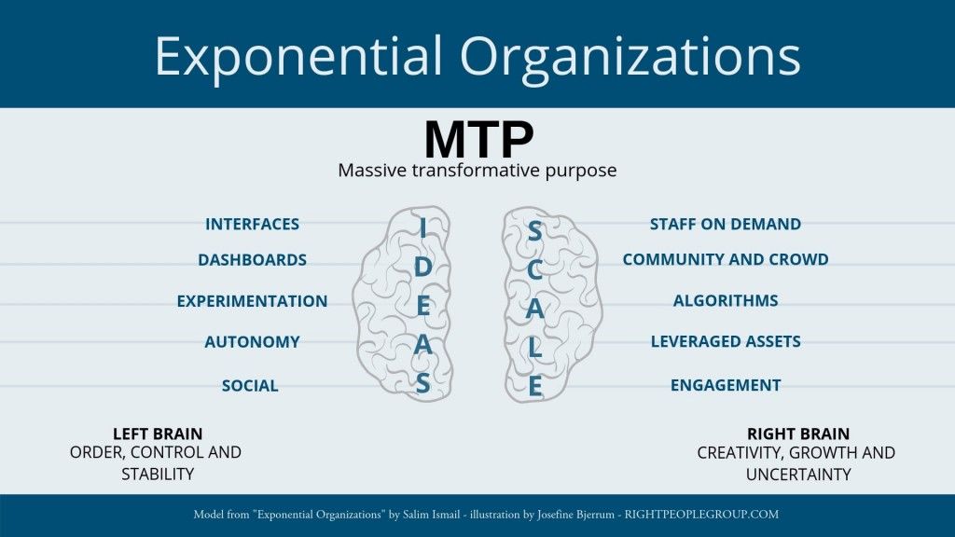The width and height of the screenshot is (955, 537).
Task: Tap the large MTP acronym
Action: click(x=478, y=139)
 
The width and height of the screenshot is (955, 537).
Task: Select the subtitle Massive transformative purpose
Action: click(x=477, y=171)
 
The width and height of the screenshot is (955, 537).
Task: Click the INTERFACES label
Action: click(x=252, y=224)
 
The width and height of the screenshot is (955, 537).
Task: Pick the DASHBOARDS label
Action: click(x=252, y=260)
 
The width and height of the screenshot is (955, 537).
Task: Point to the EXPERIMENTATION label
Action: click(x=252, y=301)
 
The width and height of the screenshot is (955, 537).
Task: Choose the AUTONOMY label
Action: click(x=252, y=342)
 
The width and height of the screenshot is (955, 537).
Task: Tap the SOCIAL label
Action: click(x=250, y=386)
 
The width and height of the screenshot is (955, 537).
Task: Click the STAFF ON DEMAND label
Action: click(x=726, y=224)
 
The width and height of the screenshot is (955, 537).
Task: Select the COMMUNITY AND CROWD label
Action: click(x=726, y=259)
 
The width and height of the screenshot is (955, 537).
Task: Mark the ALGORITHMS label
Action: click(x=726, y=300)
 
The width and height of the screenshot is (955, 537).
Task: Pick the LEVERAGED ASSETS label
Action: click(x=726, y=341)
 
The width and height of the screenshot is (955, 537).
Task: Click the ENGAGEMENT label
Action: click(x=726, y=385)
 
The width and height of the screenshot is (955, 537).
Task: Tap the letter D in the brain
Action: click(x=422, y=268)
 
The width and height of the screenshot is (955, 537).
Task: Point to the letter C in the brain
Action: click(x=534, y=270)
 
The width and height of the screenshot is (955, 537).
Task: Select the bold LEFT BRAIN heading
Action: click(x=158, y=434)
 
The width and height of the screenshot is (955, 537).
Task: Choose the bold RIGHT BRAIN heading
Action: click(x=798, y=434)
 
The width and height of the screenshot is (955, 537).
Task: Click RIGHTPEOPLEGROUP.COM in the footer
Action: click(x=701, y=514)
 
